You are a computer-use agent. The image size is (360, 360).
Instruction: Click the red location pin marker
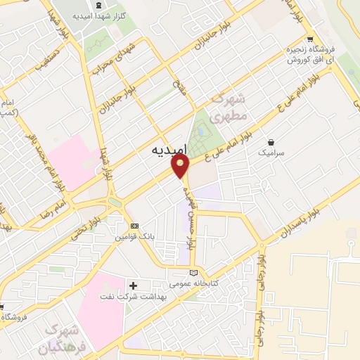click(181, 166)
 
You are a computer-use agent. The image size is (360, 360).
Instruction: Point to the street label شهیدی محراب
click(108, 60)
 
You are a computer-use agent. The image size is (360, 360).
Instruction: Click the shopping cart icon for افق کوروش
click(309, 39)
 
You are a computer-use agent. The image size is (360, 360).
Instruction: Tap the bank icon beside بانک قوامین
click(134, 226)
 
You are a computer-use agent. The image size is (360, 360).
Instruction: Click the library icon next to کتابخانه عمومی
click(194, 274)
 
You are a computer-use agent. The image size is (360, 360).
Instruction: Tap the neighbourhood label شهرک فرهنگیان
click(63, 337)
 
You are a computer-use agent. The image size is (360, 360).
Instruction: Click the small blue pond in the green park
click(203, 130)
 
